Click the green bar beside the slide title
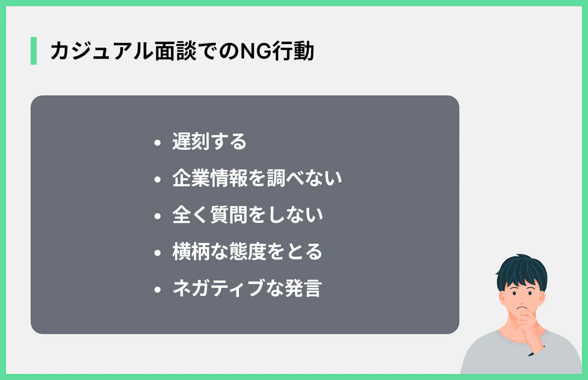[34, 50]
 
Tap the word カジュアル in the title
[101, 51]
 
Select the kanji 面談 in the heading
[175, 51]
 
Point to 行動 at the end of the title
[293, 51]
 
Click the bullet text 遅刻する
[209, 142]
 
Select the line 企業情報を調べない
[257, 178]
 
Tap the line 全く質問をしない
[247, 215]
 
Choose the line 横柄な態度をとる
[247, 252]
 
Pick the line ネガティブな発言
[247, 288]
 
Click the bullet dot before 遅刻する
[157, 142]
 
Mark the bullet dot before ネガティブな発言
[157, 289]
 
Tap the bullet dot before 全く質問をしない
[157, 216]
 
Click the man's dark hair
[521, 273]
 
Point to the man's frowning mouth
[522, 308]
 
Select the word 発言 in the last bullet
[303, 288]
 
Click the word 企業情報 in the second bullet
[210, 178]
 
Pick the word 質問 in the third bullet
[229, 215]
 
